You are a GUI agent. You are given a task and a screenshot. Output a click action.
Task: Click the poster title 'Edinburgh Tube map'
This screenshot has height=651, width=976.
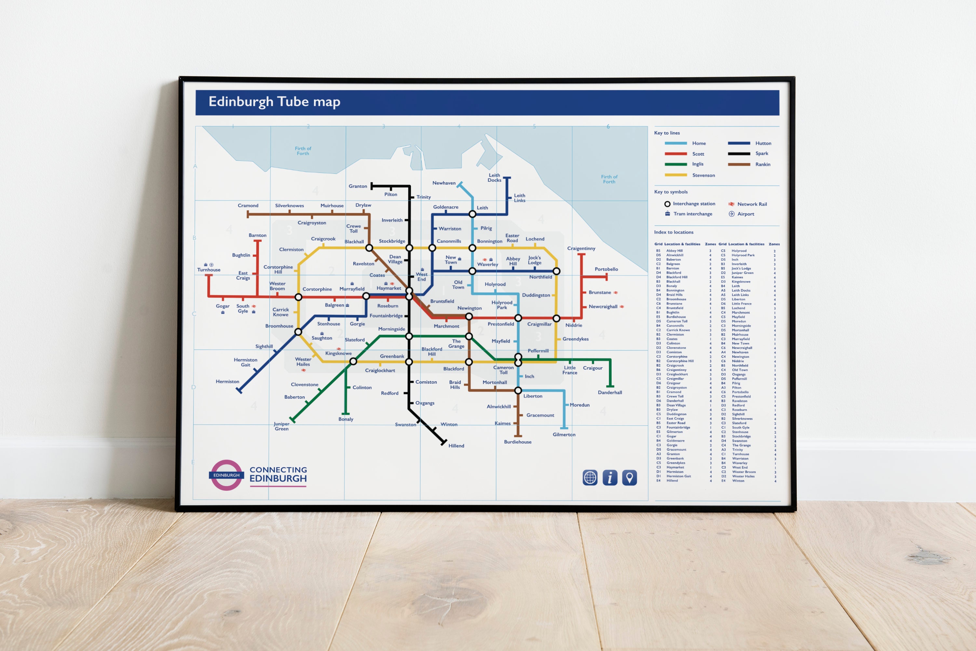[x=274, y=102]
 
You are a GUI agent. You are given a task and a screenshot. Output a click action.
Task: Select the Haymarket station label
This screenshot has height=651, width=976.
[x=389, y=288]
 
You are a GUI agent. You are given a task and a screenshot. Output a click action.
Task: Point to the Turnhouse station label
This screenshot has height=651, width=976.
[x=209, y=270]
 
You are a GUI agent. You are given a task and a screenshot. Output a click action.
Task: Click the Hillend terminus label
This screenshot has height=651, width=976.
[x=456, y=446]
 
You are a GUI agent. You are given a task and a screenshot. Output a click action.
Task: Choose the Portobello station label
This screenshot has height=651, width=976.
[x=606, y=269]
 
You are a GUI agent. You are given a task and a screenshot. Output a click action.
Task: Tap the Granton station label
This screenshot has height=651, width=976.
[x=358, y=186]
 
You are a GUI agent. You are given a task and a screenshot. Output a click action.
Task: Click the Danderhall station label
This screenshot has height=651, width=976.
[x=610, y=392]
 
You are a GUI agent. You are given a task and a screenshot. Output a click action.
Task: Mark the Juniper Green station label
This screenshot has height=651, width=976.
[x=282, y=426]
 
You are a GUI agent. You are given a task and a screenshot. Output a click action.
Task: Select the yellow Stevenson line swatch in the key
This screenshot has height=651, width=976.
[x=676, y=175]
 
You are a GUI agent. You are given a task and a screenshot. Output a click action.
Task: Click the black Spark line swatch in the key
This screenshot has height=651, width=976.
[x=739, y=153]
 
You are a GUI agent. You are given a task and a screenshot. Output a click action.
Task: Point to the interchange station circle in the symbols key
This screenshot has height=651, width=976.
[x=667, y=204]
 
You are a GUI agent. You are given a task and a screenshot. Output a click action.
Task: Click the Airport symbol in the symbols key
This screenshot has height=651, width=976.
[x=731, y=214]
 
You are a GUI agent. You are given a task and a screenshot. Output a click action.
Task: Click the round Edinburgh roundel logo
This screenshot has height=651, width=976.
[x=226, y=475]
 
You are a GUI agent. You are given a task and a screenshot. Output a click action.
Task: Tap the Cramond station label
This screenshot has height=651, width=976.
[x=248, y=206]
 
